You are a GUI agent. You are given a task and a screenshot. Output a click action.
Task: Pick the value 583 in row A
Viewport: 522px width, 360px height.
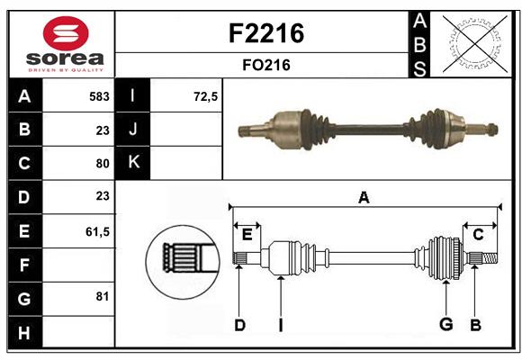pyautogui.click(x=99, y=96)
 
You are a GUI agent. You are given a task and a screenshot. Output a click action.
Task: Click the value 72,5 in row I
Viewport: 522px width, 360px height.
pyautogui.click(x=206, y=96)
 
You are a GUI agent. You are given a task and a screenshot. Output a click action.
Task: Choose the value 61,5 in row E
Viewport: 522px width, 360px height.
pyautogui.click(x=97, y=231)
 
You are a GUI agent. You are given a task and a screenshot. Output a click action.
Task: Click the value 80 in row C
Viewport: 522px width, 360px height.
pyautogui.click(x=102, y=164)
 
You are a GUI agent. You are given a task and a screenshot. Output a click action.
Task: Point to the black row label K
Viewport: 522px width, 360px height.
pyautogui.click(x=133, y=163)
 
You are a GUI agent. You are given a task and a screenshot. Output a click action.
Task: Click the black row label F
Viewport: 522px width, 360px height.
pyautogui.click(x=24, y=265)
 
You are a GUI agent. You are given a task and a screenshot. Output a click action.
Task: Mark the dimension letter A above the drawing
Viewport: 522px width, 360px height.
pyautogui.click(x=364, y=198)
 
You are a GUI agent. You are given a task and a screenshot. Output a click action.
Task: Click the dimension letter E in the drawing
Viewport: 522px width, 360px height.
pyautogui.click(x=247, y=235)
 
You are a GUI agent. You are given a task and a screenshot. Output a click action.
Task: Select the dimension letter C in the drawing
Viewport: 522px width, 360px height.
pyautogui.click(x=478, y=235)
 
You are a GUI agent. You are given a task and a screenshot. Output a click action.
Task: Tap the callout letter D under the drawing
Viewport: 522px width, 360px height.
pyautogui.click(x=239, y=325)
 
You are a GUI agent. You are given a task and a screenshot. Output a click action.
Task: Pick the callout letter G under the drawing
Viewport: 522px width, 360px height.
pyautogui.click(x=445, y=325)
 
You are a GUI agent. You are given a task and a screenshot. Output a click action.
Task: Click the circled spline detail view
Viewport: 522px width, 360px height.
pyautogui.click(x=182, y=257)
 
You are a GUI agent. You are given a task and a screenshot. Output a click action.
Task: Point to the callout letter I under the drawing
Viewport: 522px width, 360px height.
pyautogui.click(x=281, y=325)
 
